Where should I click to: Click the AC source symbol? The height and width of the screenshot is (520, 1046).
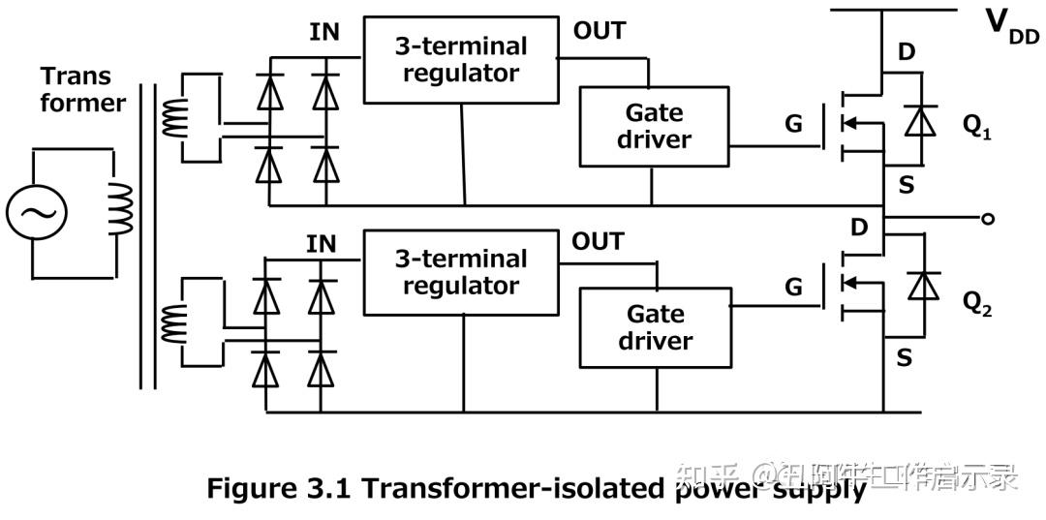point(36,213)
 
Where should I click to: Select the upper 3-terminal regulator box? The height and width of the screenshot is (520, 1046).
point(460,60)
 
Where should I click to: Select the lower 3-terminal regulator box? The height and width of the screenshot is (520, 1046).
point(460,272)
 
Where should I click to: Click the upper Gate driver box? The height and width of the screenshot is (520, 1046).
point(654,126)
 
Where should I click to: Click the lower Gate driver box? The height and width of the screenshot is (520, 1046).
point(655,327)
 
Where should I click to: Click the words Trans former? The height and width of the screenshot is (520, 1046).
point(81,89)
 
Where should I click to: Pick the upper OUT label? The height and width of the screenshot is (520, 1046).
point(599,30)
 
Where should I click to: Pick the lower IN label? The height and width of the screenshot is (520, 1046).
point(321,244)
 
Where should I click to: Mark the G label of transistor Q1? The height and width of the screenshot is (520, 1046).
point(793,124)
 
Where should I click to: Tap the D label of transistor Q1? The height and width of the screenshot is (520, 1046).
point(906,52)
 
